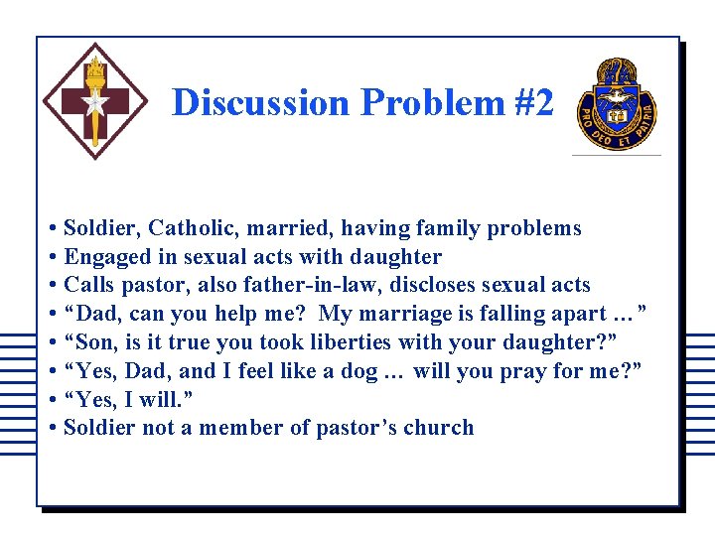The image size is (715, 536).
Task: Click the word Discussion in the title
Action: (x=260, y=102)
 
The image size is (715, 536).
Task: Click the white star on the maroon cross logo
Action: (x=95, y=102)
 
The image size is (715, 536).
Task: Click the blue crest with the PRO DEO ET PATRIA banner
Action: (x=616, y=103)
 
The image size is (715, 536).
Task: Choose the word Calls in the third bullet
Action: (x=89, y=285)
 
